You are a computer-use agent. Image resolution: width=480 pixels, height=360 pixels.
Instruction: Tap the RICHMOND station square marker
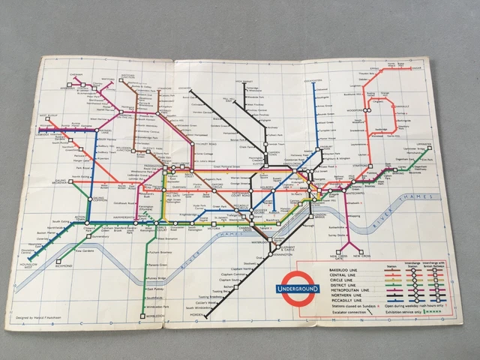click(x=58, y=264)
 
